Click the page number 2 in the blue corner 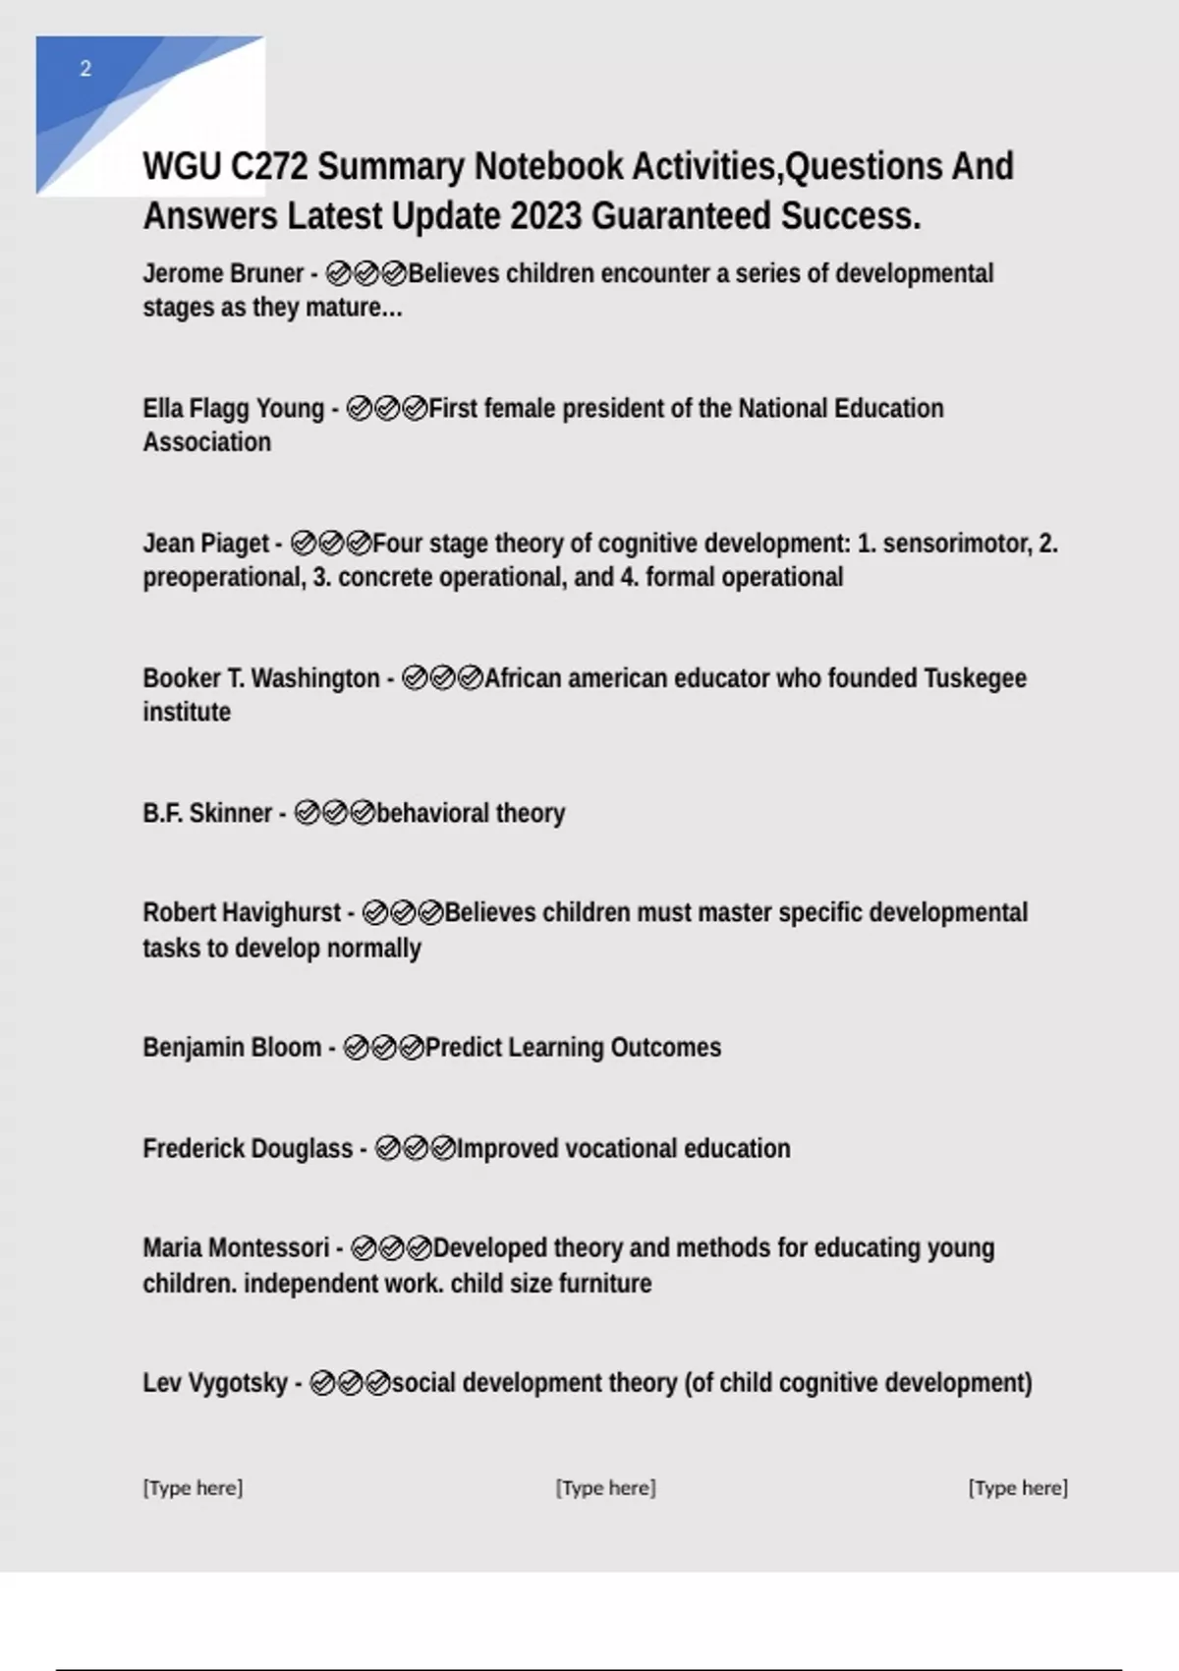(x=85, y=69)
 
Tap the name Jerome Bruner (x=223, y=273)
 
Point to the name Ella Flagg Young (x=233, y=408)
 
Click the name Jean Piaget (x=205, y=543)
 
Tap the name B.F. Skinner (x=206, y=813)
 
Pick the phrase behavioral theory (x=471, y=813)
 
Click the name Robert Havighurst (x=242, y=912)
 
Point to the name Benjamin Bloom (x=232, y=1047)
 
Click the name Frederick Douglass (x=248, y=1148)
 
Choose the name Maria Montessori (x=236, y=1247)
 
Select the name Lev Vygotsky (x=215, y=1382)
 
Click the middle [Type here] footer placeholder (x=605, y=1487)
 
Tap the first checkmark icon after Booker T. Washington (x=415, y=678)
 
